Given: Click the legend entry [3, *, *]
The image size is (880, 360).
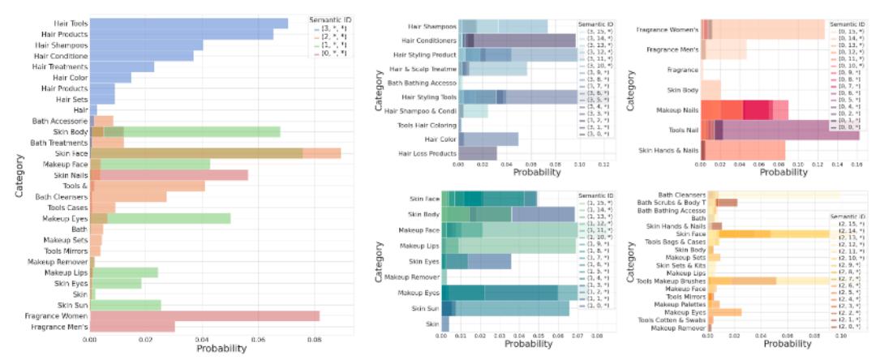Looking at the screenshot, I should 333,28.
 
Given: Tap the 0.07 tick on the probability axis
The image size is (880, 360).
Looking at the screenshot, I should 576,334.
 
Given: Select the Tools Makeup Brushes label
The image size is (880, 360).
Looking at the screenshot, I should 668,281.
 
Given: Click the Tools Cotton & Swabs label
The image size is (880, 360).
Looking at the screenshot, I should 670,319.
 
